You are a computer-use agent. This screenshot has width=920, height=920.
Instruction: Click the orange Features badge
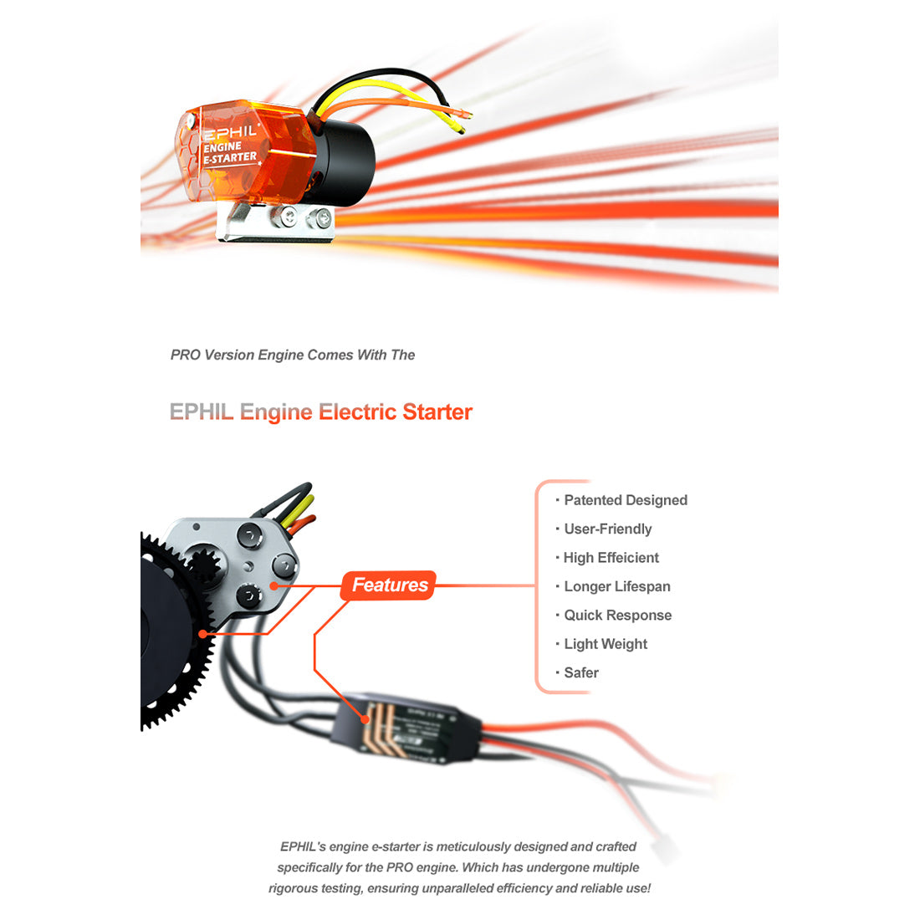pyautogui.click(x=389, y=585)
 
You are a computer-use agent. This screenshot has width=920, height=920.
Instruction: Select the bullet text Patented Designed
pyautogui.click(x=625, y=500)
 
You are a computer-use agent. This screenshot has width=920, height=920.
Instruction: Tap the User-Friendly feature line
pyautogui.click(x=607, y=529)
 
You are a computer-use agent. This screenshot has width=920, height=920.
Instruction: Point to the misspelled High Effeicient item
pyautogui.click(x=611, y=558)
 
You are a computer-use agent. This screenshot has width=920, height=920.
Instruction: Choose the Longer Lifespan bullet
pyautogui.click(x=616, y=586)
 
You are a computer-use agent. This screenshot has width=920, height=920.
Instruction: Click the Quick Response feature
pyautogui.click(x=617, y=616)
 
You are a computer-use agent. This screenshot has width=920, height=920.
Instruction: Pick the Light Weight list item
pyautogui.click(x=605, y=644)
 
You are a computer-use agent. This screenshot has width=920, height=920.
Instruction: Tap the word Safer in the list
pyautogui.click(x=581, y=672)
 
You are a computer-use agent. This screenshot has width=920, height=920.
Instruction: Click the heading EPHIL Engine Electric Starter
pyautogui.click(x=321, y=412)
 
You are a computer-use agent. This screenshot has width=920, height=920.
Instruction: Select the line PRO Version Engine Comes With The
pyautogui.click(x=293, y=355)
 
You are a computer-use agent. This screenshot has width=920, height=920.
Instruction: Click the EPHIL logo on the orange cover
pyautogui.click(x=230, y=132)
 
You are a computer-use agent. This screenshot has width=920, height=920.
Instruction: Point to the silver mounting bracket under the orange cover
pyautogui.click(x=276, y=222)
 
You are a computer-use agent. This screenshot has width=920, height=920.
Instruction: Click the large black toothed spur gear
pyautogui.click(x=171, y=636)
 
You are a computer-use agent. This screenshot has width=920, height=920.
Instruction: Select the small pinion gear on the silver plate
pyautogui.click(x=202, y=565)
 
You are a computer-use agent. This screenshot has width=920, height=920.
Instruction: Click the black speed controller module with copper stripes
pyautogui.click(x=401, y=728)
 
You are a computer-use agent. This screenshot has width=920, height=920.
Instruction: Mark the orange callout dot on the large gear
pyautogui.click(x=202, y=635)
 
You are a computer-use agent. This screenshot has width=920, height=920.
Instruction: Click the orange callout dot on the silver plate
pyautogui.click(x=273, y=585)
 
